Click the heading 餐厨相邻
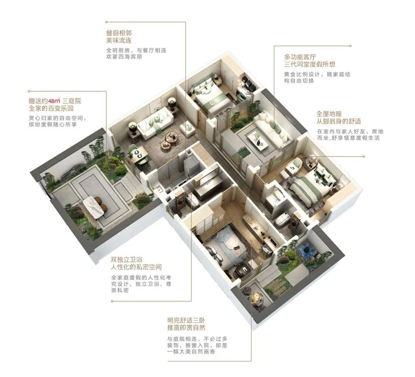[x=119, y=33]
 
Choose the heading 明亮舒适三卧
[x=186, y=320]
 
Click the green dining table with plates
[x=139, y=154]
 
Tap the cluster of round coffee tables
[x=169, y=140]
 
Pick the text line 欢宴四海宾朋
[x=124, y=57]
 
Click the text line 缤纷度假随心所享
[x=53, y=124]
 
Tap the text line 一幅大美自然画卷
[x=191, y=351]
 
